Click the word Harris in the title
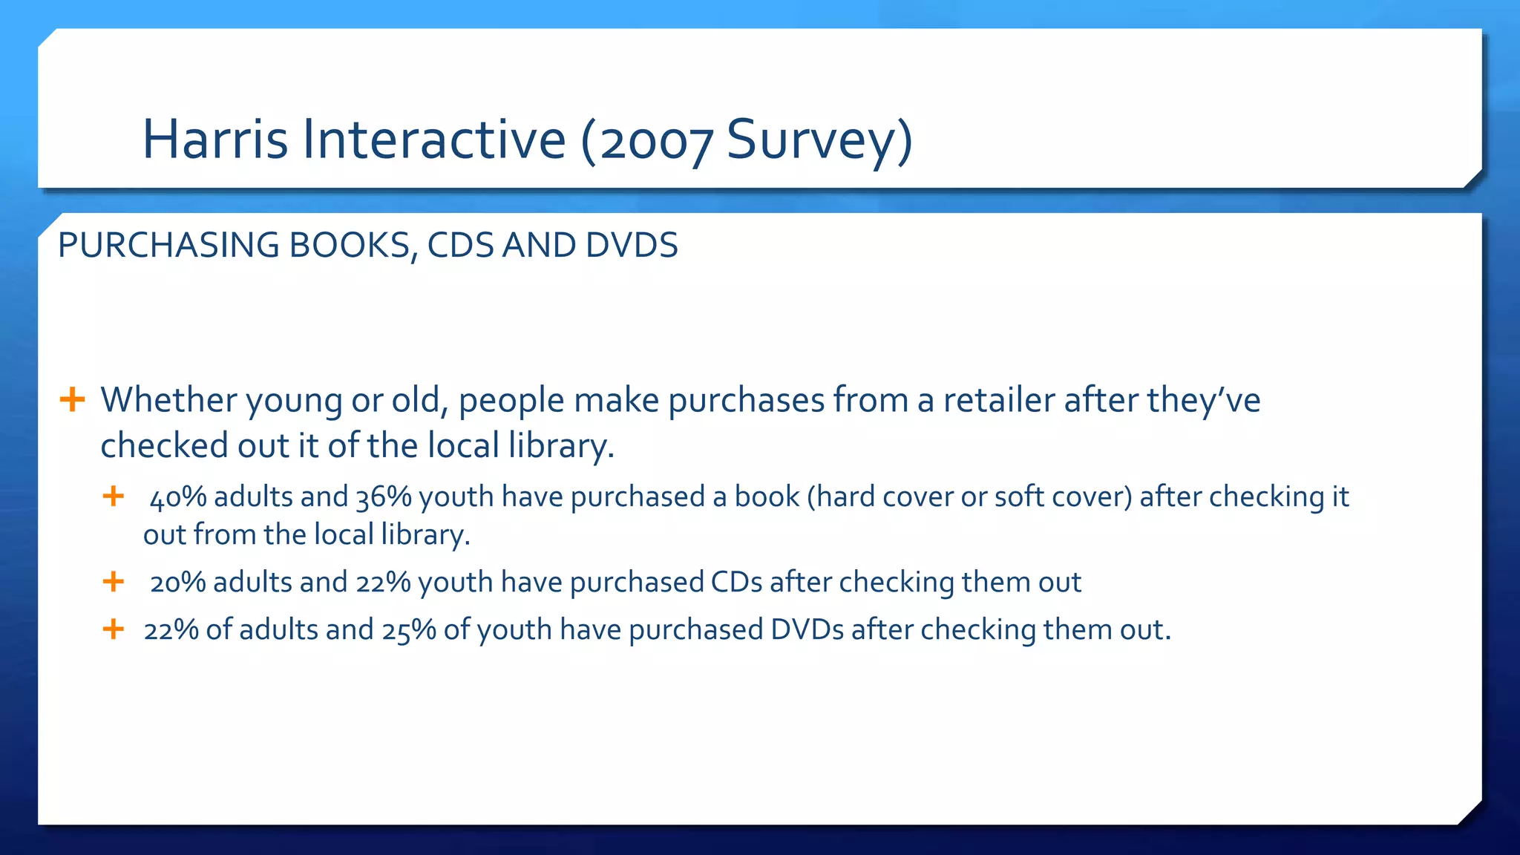coord(214,140)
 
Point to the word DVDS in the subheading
coord(631,246)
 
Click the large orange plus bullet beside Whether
coord(72,399)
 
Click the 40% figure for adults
coord(178,497)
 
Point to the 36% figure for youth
coord(384,497)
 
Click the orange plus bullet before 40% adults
coord(113,496)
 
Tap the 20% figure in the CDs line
coord(177,582)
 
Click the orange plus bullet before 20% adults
coord(113,581)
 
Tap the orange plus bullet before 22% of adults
coord(113,629)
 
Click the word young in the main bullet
coord(294,401)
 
